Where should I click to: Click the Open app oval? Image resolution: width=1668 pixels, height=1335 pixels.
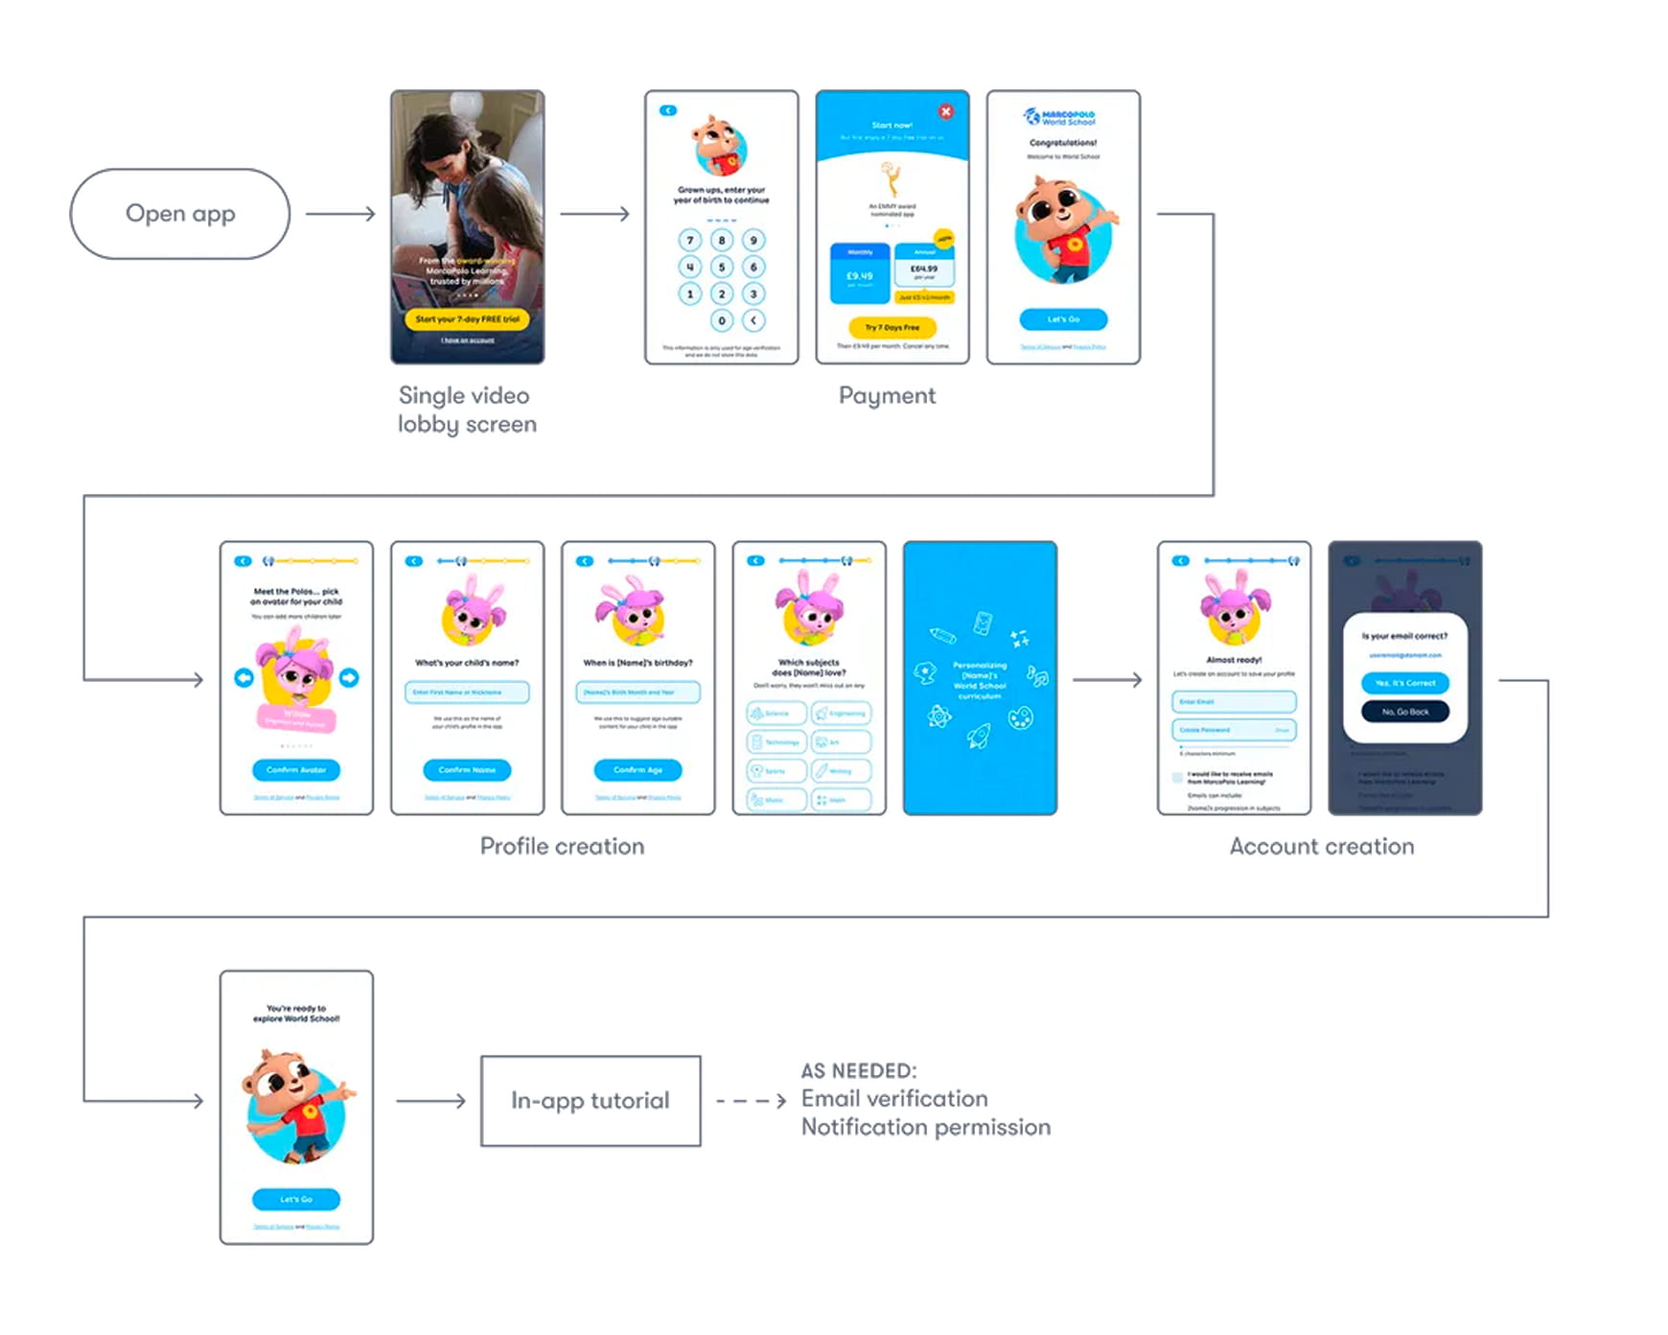pos(179,214)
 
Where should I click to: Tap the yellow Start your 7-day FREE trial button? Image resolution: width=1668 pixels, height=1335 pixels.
pos(467,319)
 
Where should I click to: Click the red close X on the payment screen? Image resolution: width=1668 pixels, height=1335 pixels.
pos(945,111)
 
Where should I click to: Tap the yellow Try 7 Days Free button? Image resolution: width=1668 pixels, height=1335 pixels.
pos(892,327)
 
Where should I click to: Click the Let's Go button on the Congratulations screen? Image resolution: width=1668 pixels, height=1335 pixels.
pos(1063,318)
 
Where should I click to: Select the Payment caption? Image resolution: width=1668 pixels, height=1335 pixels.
pos(887,395)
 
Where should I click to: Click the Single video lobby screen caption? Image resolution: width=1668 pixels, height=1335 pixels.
pos(467,410)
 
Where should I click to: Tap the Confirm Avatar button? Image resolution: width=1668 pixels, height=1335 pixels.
pos(296,769)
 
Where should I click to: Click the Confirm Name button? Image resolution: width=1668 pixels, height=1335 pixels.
pos(467,769)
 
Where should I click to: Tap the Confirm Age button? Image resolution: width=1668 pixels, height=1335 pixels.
pos(637,769)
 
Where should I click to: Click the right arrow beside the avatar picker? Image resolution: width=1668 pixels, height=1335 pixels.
pos(349,678)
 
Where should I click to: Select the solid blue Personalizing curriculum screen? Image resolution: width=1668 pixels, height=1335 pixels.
pos(980,678)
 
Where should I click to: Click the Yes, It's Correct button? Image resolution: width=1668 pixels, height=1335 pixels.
pos(1404,683)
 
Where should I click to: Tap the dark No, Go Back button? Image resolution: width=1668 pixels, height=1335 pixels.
pos(1404,712)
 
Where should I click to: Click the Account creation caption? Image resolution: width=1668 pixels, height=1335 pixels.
pos(1321,846)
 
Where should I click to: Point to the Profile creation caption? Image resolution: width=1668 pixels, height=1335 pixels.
pos(562,846)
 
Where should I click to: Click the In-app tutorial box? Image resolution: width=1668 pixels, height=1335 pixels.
pos(591,1101)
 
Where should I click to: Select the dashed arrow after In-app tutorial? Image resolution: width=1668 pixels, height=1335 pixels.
pos(751,1101)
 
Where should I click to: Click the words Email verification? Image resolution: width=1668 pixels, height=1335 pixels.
pos(893,1099)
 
